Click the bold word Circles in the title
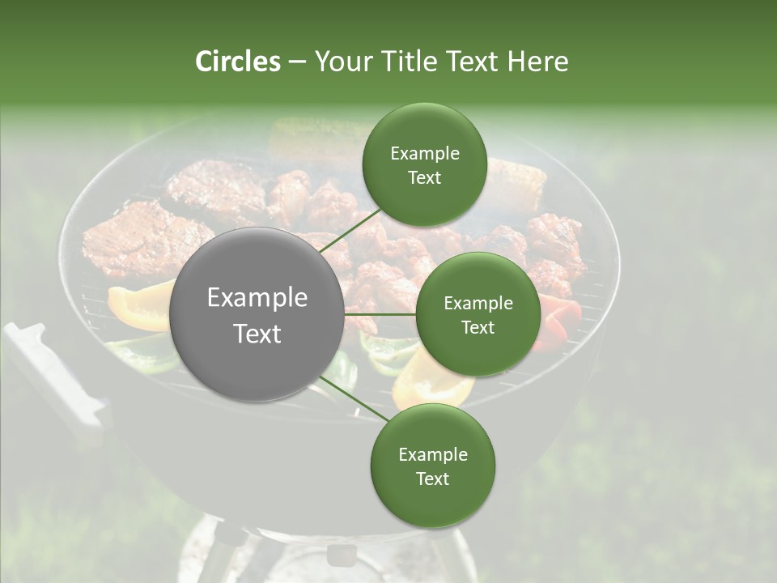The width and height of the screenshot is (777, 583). tap(238, 62)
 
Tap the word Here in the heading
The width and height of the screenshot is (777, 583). tap(537, 62)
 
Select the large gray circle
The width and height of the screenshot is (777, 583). tap(257, 314)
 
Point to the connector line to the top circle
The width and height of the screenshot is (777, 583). tap(350, 229)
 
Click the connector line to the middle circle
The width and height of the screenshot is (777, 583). tap(380, 314)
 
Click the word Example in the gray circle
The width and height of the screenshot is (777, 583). tap(257, 298)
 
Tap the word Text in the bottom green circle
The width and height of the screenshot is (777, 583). tap(432, 479)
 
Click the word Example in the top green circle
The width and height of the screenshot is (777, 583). tap(424, 154)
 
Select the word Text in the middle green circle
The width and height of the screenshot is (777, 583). tap(478, 327)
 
